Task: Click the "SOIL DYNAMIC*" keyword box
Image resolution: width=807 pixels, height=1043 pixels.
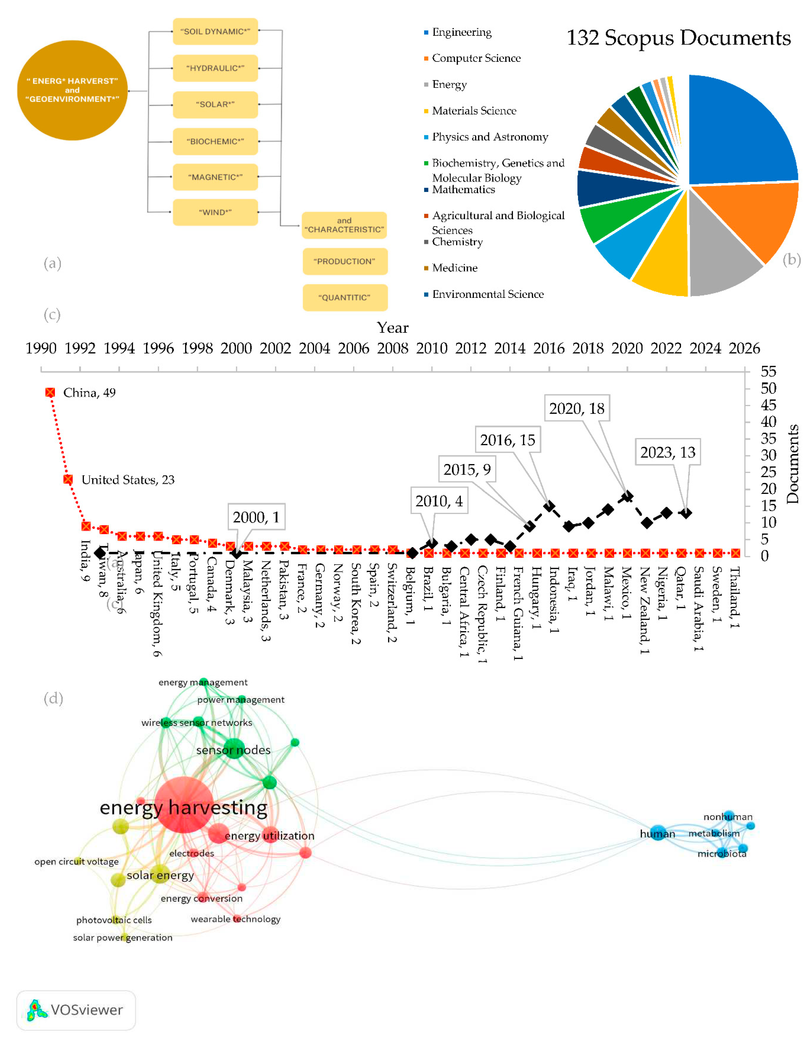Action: pos(215,31)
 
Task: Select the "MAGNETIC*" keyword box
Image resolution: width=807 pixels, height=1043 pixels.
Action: pos(215,177)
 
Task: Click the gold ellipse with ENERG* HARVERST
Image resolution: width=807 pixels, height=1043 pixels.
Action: pos(72,90)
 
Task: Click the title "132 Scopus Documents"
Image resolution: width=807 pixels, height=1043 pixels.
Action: pos(678,38)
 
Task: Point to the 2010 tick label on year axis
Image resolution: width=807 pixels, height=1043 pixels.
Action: pos(431,348)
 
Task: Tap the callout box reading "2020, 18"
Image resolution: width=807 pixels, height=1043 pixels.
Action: pos(576,408)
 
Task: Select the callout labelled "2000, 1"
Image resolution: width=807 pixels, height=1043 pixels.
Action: pos(256,517)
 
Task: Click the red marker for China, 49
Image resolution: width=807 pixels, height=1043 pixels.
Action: pos(50,393)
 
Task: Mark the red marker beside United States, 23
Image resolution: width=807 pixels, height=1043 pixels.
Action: pos(68,479)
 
